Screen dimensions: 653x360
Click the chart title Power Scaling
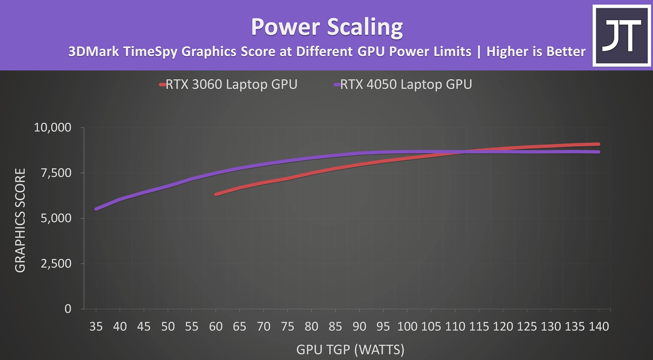pos(327,27)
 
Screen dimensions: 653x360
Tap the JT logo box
pos(622,35)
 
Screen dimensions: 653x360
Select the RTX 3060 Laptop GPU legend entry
pos(228,84)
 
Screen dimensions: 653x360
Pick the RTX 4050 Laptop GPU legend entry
pos(403,84)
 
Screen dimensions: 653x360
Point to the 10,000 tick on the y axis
pos(52,128)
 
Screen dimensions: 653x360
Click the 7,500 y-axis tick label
pos(56,173)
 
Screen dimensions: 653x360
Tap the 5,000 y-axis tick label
pos(56,218)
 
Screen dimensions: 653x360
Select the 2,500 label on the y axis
pos(56,263)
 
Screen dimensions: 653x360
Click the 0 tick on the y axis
pos(68,309)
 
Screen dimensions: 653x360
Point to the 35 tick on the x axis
pos(96,327)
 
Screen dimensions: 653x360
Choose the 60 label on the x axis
pos(216,327)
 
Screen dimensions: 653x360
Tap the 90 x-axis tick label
pos(359,327)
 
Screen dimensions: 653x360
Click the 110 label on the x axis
pos(455,327)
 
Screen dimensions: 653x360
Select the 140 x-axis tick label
pos(599,327)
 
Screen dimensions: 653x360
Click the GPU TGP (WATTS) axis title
pos(350,349)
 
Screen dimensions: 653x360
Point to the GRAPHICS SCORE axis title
pos(20,220)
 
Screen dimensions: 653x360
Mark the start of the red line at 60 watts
pos(216,194)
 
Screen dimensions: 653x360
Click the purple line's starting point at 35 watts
pos(96,209)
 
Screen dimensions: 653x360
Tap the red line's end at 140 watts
pos(599,144)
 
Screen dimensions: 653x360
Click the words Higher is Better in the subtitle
pos(536,52)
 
